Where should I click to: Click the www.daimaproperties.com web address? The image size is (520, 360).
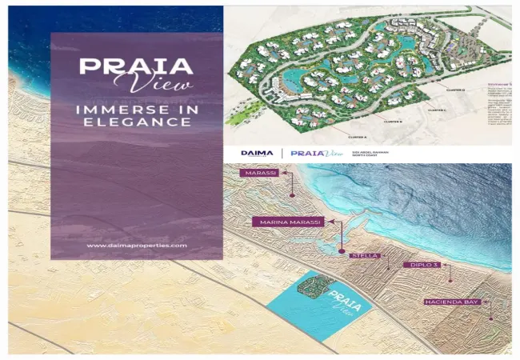136,246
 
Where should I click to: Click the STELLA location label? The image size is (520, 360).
365,256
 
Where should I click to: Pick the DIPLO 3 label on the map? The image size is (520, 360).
421,264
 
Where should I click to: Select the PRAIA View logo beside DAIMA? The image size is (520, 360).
307,152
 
